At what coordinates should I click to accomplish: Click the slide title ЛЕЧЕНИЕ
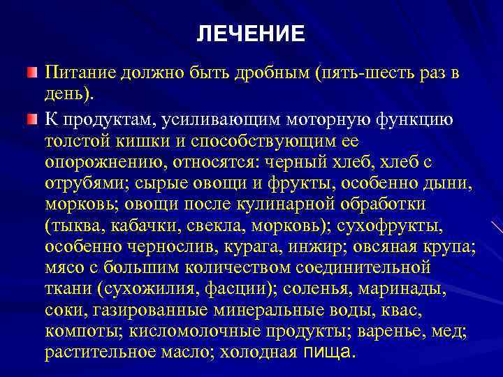click(x=251, y=34)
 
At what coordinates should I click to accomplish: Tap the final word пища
click(x=330, y=353)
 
